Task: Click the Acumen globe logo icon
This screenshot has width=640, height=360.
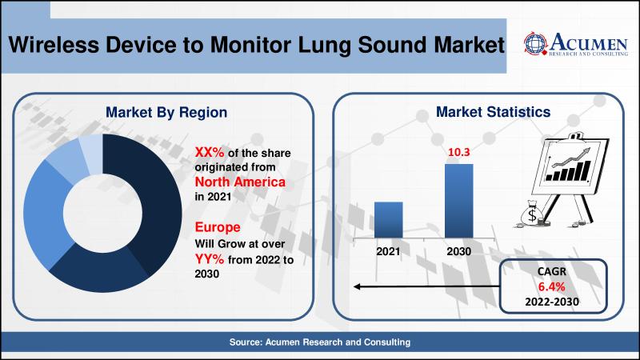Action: coord(535,43)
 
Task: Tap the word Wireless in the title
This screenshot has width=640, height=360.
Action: coord(54,45)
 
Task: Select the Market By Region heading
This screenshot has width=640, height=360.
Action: coord(166,112)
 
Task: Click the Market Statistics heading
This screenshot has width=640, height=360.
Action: coord(493,112)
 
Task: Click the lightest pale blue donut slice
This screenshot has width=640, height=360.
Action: coord(92,153)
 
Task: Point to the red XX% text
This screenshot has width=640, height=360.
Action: coord(210,152)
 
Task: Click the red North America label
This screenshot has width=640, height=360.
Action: coord(240,182)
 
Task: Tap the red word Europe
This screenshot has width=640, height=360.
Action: coord(218,227)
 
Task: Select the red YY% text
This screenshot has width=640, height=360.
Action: coord(210,258)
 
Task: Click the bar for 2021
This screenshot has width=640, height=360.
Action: coord(389,219)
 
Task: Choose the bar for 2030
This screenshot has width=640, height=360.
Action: coord(458,201)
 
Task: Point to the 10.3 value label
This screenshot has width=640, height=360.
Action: coord(458,152)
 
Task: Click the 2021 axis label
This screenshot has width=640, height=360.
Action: coord(388,251)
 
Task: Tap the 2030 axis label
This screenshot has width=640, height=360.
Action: coord(458,251)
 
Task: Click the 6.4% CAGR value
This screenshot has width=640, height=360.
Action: coord(551,286)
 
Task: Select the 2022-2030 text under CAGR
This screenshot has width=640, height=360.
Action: coord(552,302)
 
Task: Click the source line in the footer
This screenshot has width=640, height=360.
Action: coord(319,342)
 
